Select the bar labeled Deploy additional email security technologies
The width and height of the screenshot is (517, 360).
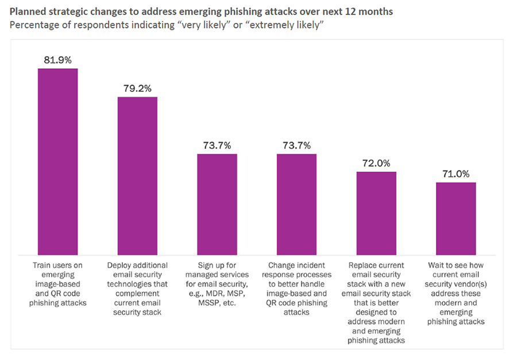tap(137, 176)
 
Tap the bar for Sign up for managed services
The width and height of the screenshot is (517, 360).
tap(217, 204)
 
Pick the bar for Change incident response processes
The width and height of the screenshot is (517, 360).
tap(296, 204)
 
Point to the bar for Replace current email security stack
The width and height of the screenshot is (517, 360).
tap(376, 213)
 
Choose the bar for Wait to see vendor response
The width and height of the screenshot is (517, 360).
tap(456, 219)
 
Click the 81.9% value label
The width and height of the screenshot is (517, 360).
tap(57, 60)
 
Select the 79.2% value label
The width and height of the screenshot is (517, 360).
tap(137, 88)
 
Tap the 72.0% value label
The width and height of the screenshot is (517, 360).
tap(376, 163)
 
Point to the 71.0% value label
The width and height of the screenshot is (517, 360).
tap(456, 174)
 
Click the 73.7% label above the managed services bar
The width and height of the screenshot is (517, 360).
tap(217, 145)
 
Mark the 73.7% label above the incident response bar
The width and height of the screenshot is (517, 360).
tap(296, 145)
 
